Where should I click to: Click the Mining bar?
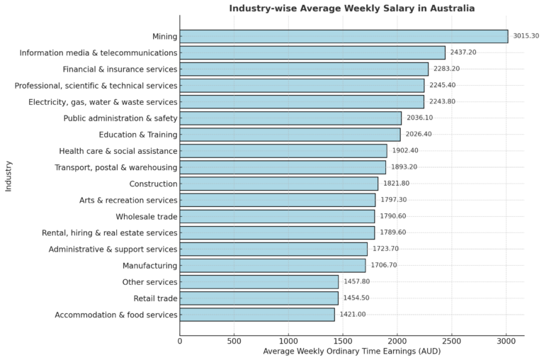tap(344, 36)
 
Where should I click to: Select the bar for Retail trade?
tap(259, 298)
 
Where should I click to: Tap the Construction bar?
tap(278, 184)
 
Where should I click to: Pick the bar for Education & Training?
tap(290, 135)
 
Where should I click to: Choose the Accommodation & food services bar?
tap(257, 314)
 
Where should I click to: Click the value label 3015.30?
tap(526, 36)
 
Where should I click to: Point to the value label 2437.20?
tap(463, 52)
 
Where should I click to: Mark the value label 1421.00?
tap(353, 314)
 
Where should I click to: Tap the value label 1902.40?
tap(405, 151)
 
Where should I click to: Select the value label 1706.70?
tap(384, 265)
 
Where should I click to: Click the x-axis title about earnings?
tap(351, 351)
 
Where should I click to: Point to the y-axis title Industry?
tap(8, 175)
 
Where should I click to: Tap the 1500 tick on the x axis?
tap(343, 341)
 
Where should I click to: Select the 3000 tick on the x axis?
tap(506, 341)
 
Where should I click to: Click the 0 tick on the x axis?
tap(180, 341)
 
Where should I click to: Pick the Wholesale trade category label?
tap(147, 216)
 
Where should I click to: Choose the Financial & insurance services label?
tap(120, 69)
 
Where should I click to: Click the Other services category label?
tap(151, 281)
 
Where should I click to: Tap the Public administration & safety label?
tap(120, 118)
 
